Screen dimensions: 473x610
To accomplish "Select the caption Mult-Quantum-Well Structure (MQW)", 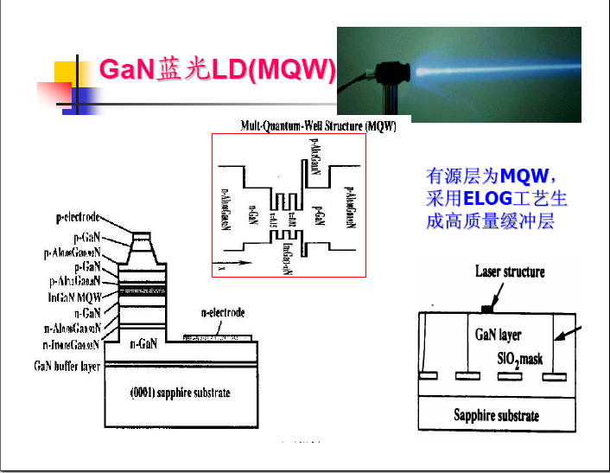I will pos(318,126).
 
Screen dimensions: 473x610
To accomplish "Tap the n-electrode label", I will pos(223,312).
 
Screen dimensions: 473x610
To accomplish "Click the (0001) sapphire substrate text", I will pos(180,393).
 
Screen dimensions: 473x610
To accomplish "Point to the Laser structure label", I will pos(510,272).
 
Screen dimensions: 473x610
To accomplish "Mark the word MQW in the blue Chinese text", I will pos(530,177).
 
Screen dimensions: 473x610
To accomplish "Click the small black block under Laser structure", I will pos(488,308).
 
